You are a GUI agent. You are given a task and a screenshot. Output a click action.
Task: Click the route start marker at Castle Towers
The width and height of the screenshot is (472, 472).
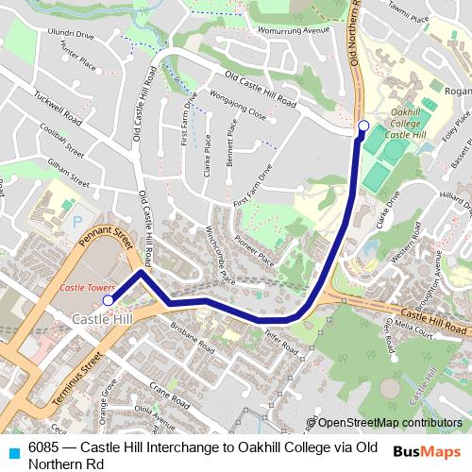pyautogui.click(x=108, y=299)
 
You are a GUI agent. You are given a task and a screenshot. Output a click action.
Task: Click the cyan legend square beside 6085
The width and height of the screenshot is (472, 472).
pyautogui.click(x=13, y=451)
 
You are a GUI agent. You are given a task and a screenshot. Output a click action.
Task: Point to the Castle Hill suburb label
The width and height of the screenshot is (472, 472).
pyautogui.click(x=103, y=321)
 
